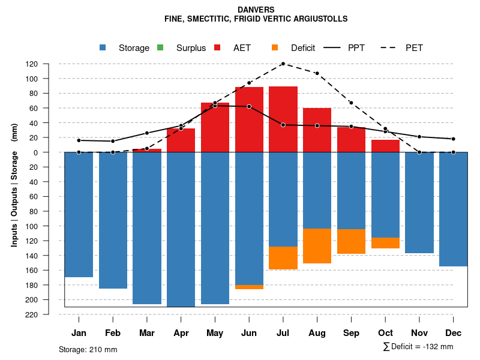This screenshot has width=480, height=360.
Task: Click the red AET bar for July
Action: pyautogui.click(x=283, y=119)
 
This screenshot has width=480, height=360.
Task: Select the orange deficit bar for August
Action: pyautogui.click(x=317, y=246)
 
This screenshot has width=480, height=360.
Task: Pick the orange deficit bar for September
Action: pyautogui.click(x=352, y=241)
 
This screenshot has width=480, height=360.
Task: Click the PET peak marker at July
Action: pyautogui.click(x=283, y=64)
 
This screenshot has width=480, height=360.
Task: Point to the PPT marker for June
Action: pyautogui.click(x=249, y=106)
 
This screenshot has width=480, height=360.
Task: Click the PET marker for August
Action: pyautogui.click(x=317, y=73)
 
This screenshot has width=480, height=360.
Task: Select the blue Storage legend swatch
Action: pyautogui.click(x=103, y=48)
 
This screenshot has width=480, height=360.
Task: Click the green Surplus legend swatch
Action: pyautogui.click(x=160, y=48)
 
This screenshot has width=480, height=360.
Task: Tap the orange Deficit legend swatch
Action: pyautogui.click(x=275, y=48)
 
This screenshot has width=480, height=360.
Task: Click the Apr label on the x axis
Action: pyautogui.click(x=181, y=333)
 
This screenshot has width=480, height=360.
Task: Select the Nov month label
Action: pyautogui.click(x=419, y=333)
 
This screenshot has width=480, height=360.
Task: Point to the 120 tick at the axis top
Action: pyautogui.click(x=49, y=64)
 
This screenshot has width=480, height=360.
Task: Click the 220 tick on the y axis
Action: pyautogui.click(x=49, y=314)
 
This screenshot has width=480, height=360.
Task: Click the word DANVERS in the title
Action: pyautogui.click(x=256, y=10)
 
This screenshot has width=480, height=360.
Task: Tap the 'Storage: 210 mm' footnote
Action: pyautogui.click(x=88, y=349)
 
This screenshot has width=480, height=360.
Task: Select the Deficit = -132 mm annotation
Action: pyautogui.click(x=418, y=347)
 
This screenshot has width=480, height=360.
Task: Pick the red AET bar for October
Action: pyautogui.click(x=386, y=146)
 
